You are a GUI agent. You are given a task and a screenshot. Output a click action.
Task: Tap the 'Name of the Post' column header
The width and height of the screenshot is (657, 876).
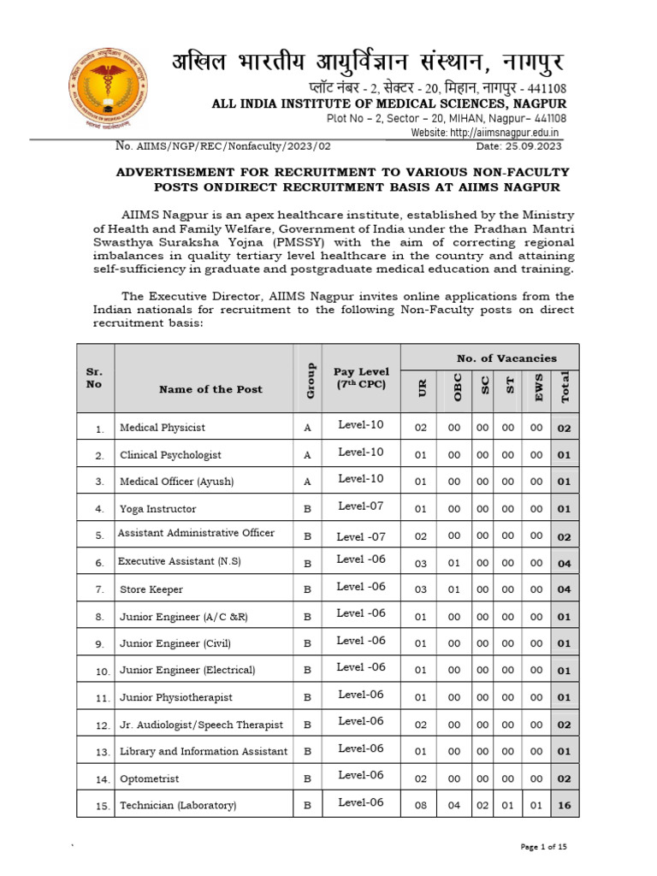(210, 389)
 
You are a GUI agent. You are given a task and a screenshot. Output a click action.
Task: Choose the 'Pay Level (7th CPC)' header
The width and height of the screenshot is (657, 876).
(361, 377)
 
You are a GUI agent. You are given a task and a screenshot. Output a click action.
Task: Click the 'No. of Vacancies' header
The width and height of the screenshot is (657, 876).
(494, 358)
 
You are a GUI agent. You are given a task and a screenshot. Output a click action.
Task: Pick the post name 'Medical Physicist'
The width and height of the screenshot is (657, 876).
(163, 427)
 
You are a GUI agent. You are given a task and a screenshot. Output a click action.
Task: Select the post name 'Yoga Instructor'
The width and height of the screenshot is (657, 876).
(158, 509)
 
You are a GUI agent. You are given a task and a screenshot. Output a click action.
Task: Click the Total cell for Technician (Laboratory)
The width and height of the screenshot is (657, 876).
(564, 806)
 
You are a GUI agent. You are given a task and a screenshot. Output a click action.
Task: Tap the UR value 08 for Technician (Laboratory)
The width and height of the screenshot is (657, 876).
(420, 805)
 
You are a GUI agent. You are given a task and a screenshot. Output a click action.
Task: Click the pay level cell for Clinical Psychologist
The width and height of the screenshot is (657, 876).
(361, 453)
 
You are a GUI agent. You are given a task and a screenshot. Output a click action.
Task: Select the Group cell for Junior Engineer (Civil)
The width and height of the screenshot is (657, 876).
(308, 643)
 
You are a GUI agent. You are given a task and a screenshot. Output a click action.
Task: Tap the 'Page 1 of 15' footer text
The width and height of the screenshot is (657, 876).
(544, 847)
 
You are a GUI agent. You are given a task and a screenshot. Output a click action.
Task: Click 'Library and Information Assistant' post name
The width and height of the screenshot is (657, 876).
(204, 751)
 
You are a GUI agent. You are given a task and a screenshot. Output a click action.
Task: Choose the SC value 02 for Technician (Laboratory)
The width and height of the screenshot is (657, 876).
(483, 805)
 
